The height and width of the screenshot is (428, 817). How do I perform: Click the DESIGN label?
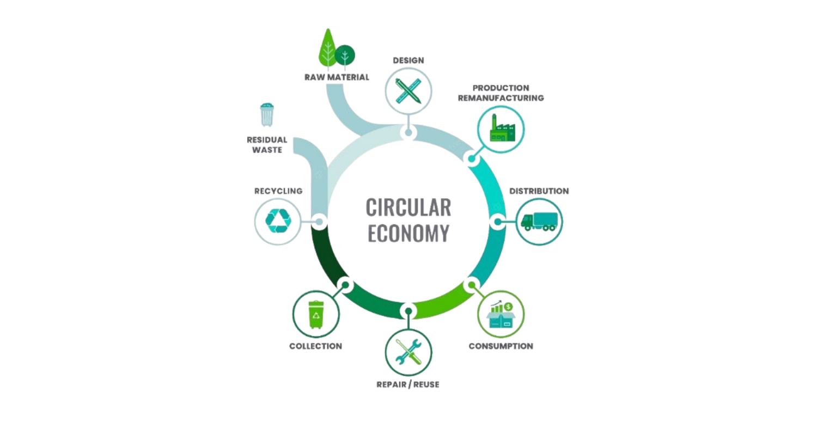408,60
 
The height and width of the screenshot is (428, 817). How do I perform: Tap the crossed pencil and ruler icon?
408,91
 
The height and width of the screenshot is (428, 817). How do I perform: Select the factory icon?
502,128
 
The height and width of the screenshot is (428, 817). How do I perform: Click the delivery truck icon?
539,222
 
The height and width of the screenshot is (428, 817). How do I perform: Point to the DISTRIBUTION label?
539,191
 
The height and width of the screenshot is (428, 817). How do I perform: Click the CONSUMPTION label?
501,346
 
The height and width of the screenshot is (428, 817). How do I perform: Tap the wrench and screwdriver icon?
408,352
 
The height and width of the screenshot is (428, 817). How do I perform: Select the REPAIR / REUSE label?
408,384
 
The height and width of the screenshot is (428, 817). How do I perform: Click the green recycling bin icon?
316,314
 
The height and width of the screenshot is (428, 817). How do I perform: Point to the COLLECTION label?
315,346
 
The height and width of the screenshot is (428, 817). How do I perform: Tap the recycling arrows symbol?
278,221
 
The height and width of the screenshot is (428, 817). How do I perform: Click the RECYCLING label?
278,191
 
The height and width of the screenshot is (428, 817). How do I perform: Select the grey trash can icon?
267,115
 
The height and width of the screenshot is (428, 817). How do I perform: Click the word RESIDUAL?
267,139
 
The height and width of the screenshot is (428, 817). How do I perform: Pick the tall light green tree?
327,50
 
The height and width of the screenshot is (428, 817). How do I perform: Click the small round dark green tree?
345,56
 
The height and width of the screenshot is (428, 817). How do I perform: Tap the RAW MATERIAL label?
337,77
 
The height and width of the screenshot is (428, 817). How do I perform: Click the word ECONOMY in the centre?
408,233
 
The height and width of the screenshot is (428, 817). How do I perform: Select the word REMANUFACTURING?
501,98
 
